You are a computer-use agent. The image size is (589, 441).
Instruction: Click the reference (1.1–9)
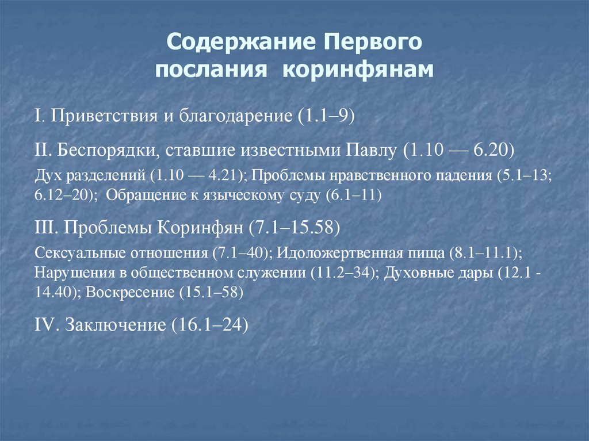point(325,117)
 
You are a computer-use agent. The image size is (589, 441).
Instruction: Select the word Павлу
point(371,151)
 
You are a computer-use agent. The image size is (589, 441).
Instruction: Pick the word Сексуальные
point(77,252)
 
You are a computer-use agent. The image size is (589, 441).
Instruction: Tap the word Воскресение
point(130,292)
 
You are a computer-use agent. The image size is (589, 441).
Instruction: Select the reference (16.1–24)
point(210,325)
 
